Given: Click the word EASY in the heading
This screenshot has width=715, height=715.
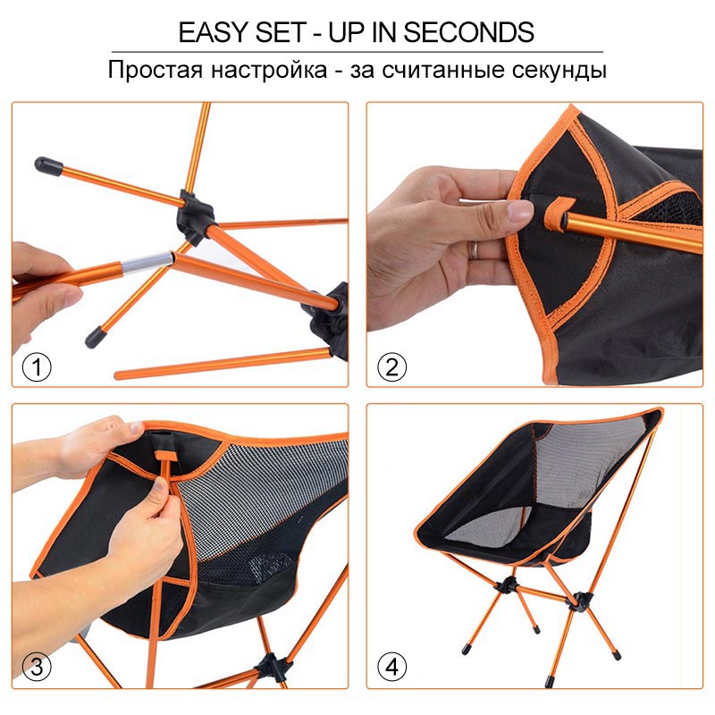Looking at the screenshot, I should pos(213,32).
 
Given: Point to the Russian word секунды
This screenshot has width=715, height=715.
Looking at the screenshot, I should pos(556,71).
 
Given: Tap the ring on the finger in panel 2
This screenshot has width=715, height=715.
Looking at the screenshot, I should pos(475,249).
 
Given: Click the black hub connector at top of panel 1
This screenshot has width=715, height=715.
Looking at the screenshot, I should pos(195,207).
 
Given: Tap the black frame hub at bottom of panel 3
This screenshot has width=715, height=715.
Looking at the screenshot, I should pos(267,667).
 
